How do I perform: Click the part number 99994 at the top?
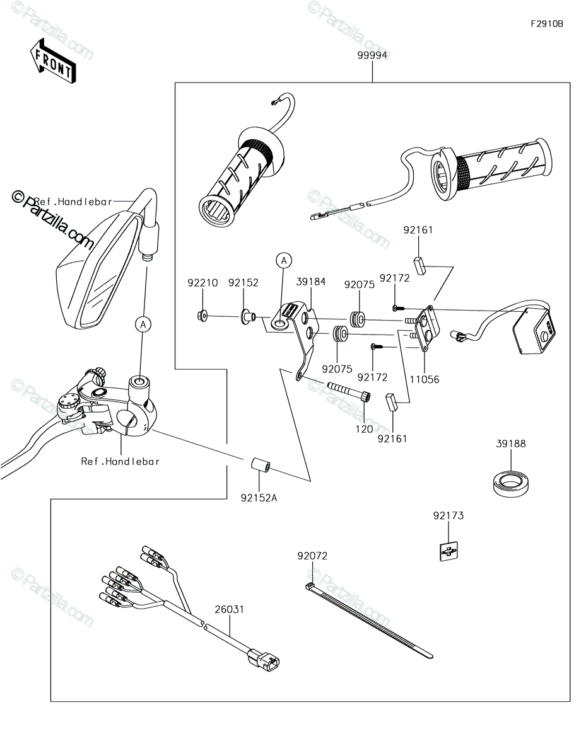click(372, 55)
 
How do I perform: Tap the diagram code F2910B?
click(547, 24)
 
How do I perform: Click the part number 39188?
click(511, 444)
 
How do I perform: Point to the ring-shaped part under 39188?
click(511, 482)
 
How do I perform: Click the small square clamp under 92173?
click(448, 551)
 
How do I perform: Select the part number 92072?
click(312, 556)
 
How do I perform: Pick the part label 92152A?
click(259, 498)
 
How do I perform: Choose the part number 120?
click(364, 429)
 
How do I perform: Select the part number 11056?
click(425, 379)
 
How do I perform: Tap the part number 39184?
click(311, 282)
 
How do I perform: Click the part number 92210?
click(202, 283)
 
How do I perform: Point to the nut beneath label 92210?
click(202, 316)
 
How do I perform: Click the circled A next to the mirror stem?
click(143, 324)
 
